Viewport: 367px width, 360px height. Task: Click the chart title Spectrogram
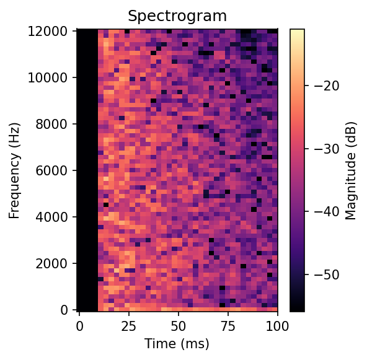tap(177, 15)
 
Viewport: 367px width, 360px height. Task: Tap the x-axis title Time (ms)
tap(177, 343)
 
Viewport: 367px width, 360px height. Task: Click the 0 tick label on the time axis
tap(79, 325)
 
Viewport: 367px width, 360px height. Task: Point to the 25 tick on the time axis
tap(129, 325)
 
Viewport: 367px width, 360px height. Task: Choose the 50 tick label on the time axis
tap(179, 325)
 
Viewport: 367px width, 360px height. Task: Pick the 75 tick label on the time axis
tap(228, 325)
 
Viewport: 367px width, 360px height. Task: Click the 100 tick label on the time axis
tap(277, 325)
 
